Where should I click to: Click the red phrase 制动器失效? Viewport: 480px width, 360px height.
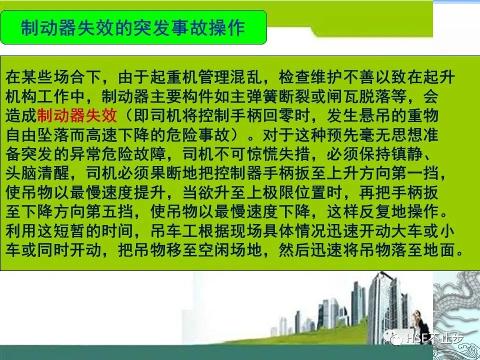(x=77, y=115)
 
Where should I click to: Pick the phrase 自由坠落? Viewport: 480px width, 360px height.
(x=37, y=135)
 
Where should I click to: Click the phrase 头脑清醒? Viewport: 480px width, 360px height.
(x=37, y=173)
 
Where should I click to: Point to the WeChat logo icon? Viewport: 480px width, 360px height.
(x=393, y=337)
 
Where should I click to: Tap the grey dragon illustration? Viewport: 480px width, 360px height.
(x=456, y=315)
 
